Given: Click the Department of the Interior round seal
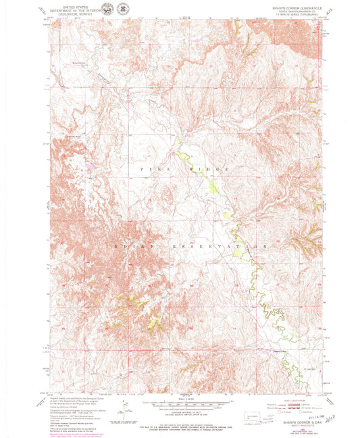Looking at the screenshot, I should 123,8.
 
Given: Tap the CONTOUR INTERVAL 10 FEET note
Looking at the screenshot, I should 180,409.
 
